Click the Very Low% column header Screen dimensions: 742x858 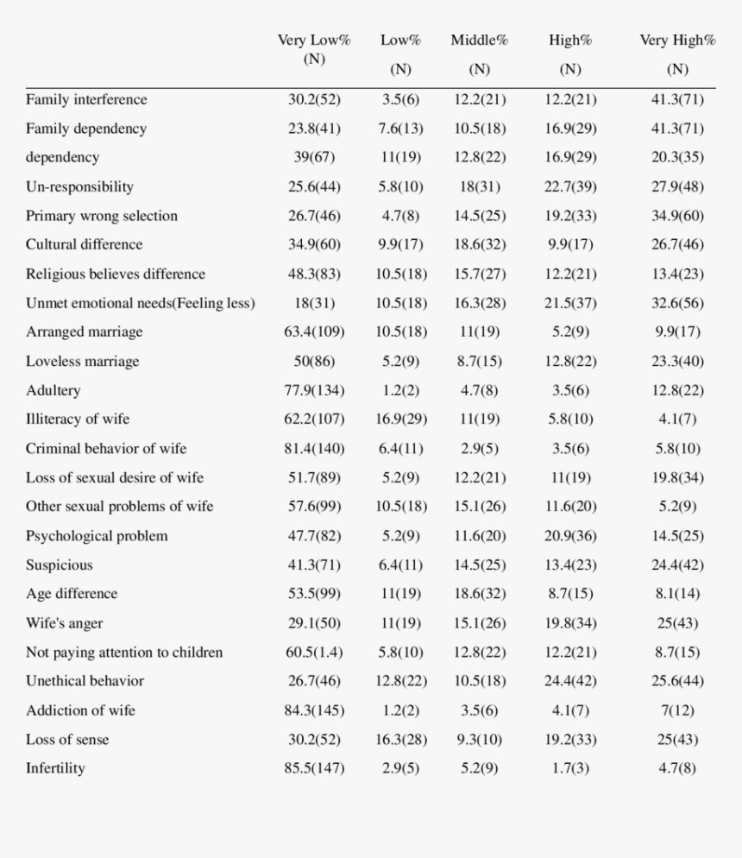314,49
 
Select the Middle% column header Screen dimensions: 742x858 480,54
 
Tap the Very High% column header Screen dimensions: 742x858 677,54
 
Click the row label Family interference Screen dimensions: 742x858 86,99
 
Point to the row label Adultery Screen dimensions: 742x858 53,391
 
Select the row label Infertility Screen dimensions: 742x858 55,768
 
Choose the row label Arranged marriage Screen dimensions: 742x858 85,332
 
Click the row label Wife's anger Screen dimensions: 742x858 65,623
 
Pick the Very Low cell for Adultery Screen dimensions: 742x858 314,391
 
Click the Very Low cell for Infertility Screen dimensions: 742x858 314,768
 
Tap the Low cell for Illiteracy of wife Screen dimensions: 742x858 401,420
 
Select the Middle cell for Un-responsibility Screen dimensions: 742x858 480,187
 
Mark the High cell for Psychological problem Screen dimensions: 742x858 570,536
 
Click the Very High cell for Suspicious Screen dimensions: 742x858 677,565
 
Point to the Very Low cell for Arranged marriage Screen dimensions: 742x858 314,332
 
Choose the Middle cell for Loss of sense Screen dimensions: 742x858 480,740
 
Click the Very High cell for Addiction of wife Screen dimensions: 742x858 677,710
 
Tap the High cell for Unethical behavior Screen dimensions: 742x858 570,681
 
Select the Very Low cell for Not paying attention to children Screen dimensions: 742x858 314,653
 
